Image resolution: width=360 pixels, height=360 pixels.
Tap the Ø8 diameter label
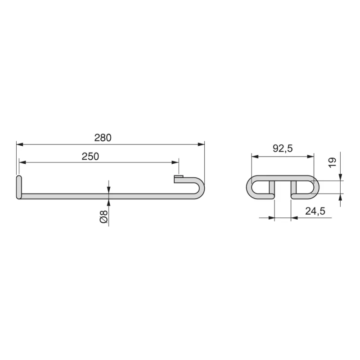[103, 216]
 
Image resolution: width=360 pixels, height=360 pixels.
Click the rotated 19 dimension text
[333, 163]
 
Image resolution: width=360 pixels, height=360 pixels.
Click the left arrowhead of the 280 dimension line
[19, 144]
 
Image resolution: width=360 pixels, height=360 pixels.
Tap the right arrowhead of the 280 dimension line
[201, 144]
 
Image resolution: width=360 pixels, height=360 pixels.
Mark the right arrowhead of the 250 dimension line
[175, 162]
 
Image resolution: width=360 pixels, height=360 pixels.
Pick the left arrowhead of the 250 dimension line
[22, 162]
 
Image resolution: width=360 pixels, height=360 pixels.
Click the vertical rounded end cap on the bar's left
[18, 187]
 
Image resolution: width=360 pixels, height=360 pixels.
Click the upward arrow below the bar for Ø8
[108, 201]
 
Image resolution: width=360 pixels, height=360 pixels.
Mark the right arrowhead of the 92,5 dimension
[310, 157]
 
